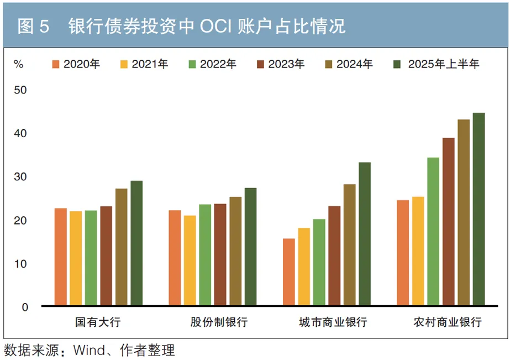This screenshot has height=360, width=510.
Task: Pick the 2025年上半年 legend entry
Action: pos(437,64)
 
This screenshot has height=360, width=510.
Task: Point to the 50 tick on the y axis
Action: pos(20,90)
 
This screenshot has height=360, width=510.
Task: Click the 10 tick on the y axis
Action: pos(20,264)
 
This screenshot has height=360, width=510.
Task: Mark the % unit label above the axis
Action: pos(19,64)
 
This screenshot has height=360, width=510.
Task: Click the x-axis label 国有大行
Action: pos(98,322)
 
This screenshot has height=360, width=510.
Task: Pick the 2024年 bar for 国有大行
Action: pos(121,247)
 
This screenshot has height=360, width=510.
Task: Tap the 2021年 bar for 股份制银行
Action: pos(190,260)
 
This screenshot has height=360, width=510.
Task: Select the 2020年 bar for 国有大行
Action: pos(60,257)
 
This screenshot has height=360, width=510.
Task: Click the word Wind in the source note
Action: pos(88,350)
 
